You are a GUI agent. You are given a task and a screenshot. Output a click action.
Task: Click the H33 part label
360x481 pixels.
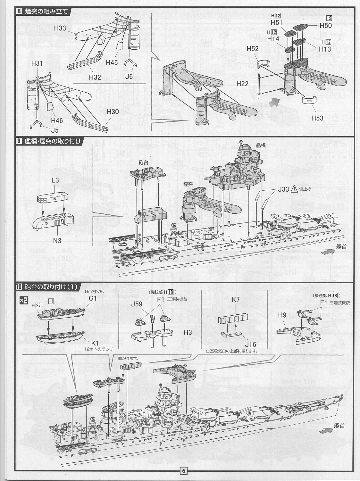pyautogui.click(x=60, y=28)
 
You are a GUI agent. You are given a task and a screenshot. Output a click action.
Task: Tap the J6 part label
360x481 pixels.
pyautogui.click(x=129, y=76)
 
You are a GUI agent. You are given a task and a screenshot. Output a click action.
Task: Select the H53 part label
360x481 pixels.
pyautogui.click(x=317, y=118)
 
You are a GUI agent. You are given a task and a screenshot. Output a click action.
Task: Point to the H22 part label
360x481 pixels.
pyautogui.click(x=242, y=84)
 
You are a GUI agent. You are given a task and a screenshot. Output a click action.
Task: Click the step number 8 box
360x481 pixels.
pyautogui.click(x=19, y=12)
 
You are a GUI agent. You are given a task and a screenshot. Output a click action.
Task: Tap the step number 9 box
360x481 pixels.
pyautogui.click(x=19, y=141)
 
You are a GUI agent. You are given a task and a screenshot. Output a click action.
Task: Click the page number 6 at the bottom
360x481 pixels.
pyautogui.click(x=184, y=471)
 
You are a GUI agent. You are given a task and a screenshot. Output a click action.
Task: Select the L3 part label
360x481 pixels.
pyautogui.click(x=55, y=180)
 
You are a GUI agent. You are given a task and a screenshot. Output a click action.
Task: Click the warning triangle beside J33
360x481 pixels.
pyautogui.click(x=294, y=189)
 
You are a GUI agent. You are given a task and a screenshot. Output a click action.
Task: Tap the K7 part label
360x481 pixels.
pyautogui.click(x=236, y=300)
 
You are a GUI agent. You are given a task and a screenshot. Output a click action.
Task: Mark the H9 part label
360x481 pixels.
pyautogui.click(x=282, y=315)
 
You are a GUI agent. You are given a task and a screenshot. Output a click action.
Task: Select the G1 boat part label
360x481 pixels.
pyautogui.click(x=93, y=298)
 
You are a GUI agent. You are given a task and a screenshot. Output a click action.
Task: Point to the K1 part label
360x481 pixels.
pyautogui.click(x=95, y=343)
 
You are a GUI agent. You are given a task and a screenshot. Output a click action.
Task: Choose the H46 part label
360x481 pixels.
pyautogui.click(x=57, y=120)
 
